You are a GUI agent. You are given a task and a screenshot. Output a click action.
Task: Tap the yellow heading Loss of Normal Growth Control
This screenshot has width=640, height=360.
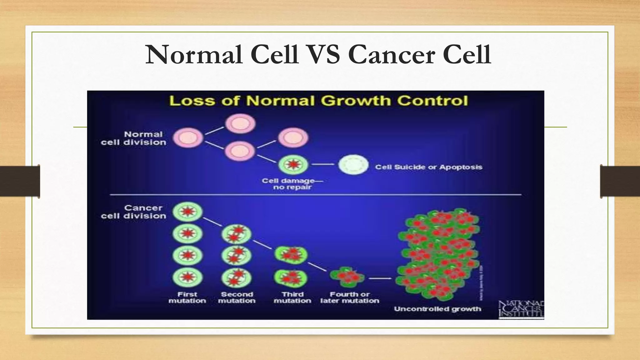(318, 101)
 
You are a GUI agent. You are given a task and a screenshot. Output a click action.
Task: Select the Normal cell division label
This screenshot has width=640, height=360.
(134, 138)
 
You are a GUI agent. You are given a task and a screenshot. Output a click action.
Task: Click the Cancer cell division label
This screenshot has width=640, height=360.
(134, 212)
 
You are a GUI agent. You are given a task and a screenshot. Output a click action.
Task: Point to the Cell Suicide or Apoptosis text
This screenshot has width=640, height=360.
(428, 167)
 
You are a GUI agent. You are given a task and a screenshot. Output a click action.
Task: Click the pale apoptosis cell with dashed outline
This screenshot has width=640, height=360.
(353, 165)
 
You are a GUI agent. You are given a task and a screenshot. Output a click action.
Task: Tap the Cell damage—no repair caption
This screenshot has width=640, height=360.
(292, 184)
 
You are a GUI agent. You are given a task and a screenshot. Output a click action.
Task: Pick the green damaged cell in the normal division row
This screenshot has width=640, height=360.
(293, 164)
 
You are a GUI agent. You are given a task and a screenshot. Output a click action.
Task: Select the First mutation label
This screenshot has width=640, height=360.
(187, 297)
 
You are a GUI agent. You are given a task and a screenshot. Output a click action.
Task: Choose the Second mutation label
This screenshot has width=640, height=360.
(237, 297)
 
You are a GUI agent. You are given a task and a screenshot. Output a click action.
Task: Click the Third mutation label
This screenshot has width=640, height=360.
(292, 297)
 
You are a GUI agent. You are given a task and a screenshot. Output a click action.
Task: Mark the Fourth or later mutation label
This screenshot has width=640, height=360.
(350, 297)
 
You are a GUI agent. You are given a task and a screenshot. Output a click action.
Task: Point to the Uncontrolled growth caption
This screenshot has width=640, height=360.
(437, 309)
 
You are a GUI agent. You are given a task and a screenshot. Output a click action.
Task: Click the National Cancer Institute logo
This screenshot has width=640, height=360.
(521, 309)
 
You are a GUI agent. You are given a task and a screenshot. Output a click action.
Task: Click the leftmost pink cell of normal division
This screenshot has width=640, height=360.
(188, 138)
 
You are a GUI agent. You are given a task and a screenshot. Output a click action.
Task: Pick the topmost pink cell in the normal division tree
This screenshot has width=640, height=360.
(240, 123)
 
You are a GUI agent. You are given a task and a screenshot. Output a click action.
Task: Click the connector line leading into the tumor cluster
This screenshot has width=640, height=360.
(380, 278)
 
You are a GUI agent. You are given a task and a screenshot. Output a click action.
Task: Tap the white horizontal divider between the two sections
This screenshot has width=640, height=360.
(316, 195)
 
